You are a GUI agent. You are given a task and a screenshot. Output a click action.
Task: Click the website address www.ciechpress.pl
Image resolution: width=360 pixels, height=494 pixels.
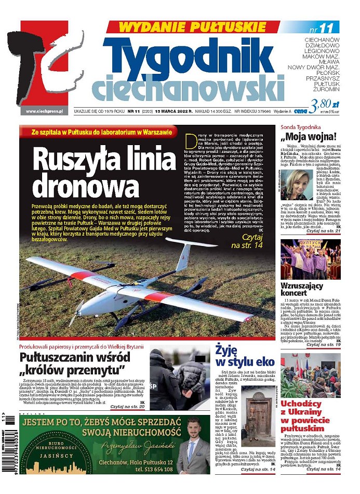click(44, 111)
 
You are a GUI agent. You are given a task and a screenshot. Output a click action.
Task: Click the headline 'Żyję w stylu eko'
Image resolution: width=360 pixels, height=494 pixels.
click(237, 356)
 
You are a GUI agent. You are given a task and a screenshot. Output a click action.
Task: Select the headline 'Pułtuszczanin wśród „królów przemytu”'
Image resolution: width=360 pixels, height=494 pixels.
click(73, 363)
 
